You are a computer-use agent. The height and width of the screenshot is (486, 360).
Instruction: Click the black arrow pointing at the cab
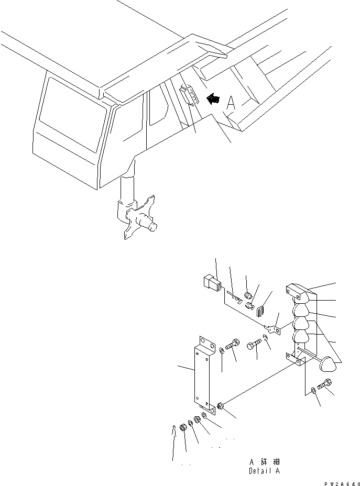click(213, 97)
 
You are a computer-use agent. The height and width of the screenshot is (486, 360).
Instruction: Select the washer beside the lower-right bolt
click(312, 390)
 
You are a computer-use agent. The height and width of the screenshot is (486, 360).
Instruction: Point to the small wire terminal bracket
click(272, 330)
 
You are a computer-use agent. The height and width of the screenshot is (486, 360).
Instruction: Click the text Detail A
click(265, 471)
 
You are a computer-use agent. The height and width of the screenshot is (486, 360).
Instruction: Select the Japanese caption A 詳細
click(265, 462)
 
